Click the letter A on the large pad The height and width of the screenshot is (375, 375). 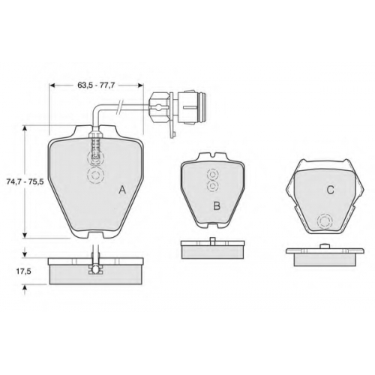coord(122,190)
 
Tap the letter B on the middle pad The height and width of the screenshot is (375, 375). coord(217,205)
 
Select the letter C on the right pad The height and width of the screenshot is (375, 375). coord(330,190)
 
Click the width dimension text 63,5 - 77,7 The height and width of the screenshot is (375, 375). coord(96,85)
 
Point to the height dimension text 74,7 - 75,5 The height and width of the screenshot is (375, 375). coord(25,181)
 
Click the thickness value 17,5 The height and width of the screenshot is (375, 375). coord(24,271)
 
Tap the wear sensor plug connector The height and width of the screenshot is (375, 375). coord(177,107)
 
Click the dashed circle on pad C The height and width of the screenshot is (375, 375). coord(325,221)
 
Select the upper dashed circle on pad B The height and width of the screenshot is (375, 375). coord(212,175)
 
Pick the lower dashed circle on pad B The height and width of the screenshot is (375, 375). coord(213,186)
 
